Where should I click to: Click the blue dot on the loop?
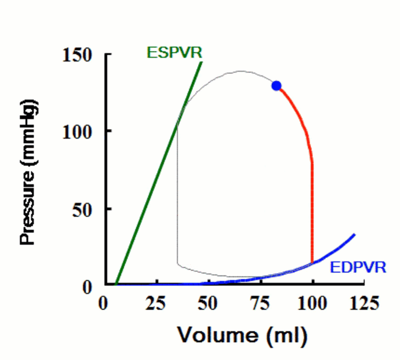pyautogui.click(x=276, y=85)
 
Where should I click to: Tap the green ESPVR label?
pyautogui.click(x=174, y=52)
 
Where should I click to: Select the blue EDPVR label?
pyautogui.click(x=357, y=267)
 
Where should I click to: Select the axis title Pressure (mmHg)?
pyautogui.click(x=28, y=170)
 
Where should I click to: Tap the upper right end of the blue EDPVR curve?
pyautogui.click(x=354, y=235)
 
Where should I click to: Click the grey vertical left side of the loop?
pyautogui.click(x=177, y=193)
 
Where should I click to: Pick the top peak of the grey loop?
pyautogui.click(x=241, y=71)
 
